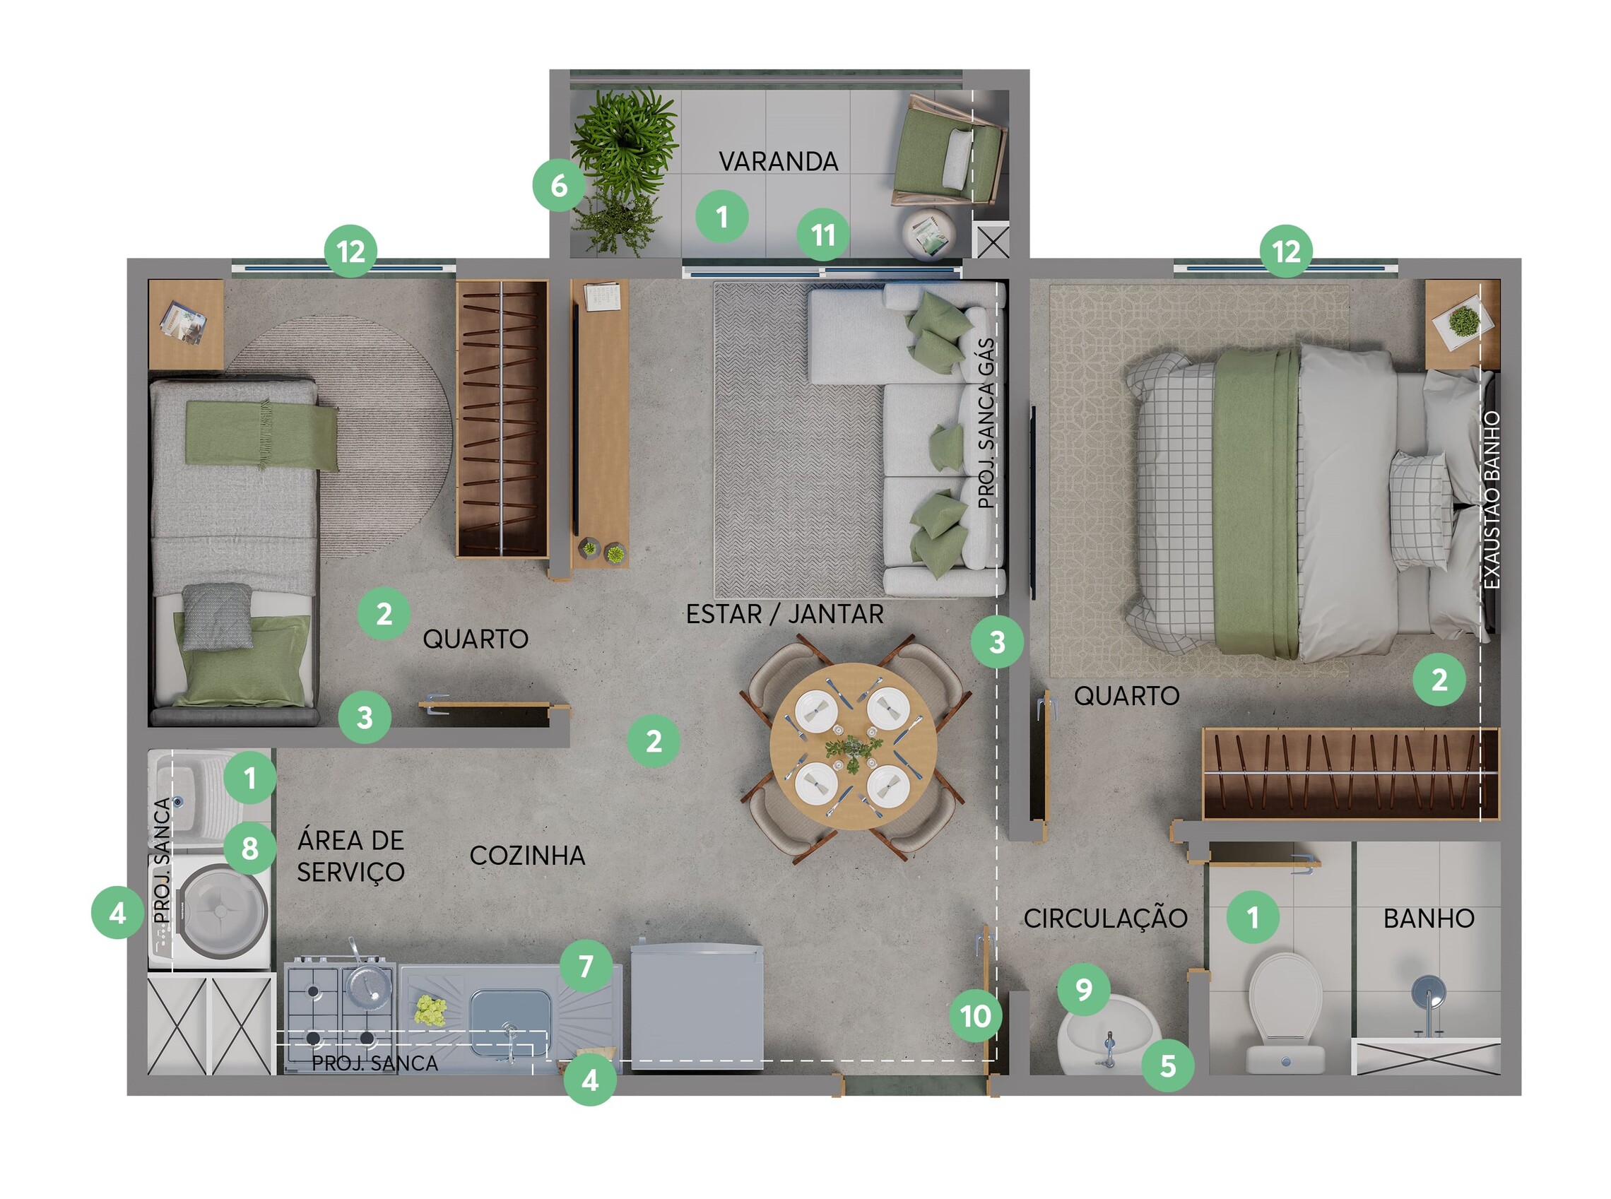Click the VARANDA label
[778, 161]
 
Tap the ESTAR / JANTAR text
[784, 614]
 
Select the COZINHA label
[527, 856]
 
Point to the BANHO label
[1428, 919]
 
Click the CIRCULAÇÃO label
[1105, 917]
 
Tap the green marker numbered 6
[559, 186]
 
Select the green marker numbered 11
[823, 235]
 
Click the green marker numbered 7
[586, 966]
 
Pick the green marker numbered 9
[1083, 989]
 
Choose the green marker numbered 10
[975, 1016]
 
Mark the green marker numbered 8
[249, 848]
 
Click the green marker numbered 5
[1167, 1066]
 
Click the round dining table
[853, 746]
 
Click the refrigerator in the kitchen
[697, 1007]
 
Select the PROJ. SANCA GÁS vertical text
[986, 423]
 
